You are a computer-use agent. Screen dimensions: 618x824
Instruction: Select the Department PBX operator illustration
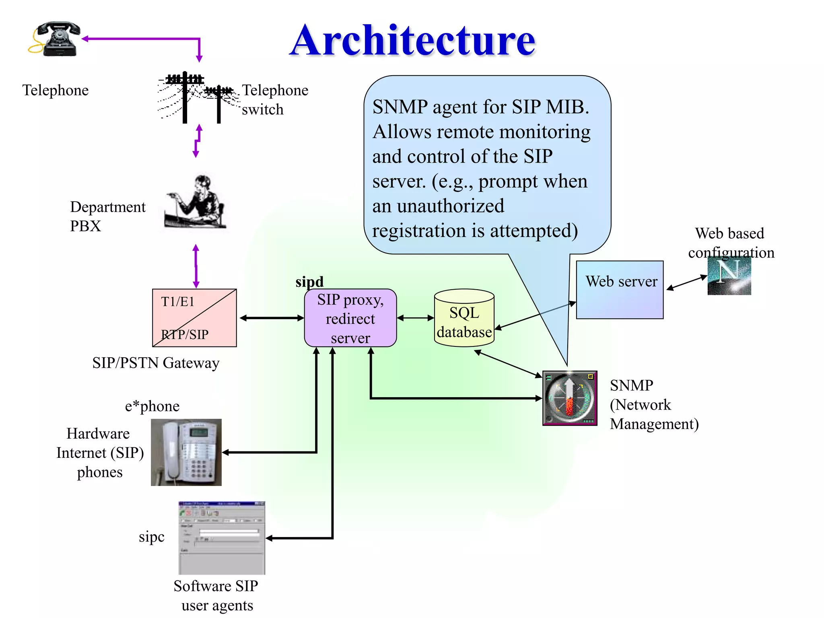tap(196, 202)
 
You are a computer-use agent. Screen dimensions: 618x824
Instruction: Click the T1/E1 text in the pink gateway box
tap(177, 301)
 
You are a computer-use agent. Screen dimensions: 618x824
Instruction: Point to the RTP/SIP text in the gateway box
tap(185, 334)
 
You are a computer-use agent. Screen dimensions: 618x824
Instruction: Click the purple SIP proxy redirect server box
tap(350, 318)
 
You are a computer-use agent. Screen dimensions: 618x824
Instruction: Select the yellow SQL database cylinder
tap(464, 318)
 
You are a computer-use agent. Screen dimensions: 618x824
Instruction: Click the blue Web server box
tap(620, 290)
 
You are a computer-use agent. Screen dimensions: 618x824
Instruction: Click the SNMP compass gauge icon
tap(570, 398)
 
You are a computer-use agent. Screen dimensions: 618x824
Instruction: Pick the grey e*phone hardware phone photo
tap(186, 452)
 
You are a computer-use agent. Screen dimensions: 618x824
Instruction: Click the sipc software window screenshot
tap(222, 538)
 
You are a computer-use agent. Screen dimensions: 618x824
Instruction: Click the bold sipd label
tap(309, 281)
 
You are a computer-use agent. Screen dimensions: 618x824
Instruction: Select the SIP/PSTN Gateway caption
tap(156, 363)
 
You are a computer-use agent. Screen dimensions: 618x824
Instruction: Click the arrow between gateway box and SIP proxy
tap(272, 318)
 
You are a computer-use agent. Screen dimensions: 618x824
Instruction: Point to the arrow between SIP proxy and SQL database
tap(415, 318)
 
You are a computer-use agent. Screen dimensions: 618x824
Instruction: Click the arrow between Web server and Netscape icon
tap(686, 282)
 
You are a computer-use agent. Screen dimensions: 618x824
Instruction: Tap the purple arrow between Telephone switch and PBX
tap(197, 141)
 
